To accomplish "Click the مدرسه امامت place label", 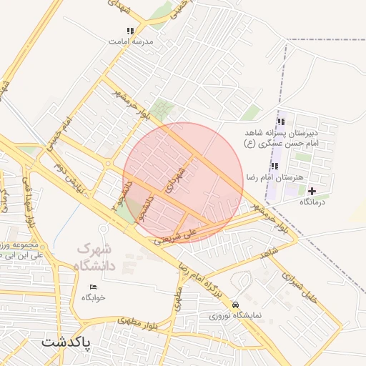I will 130,41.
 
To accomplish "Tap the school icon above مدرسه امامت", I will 129,31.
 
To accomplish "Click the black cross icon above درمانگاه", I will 311,191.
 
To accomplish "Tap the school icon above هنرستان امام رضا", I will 274,166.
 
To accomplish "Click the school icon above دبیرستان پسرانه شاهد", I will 280,122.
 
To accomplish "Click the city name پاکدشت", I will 66,341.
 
